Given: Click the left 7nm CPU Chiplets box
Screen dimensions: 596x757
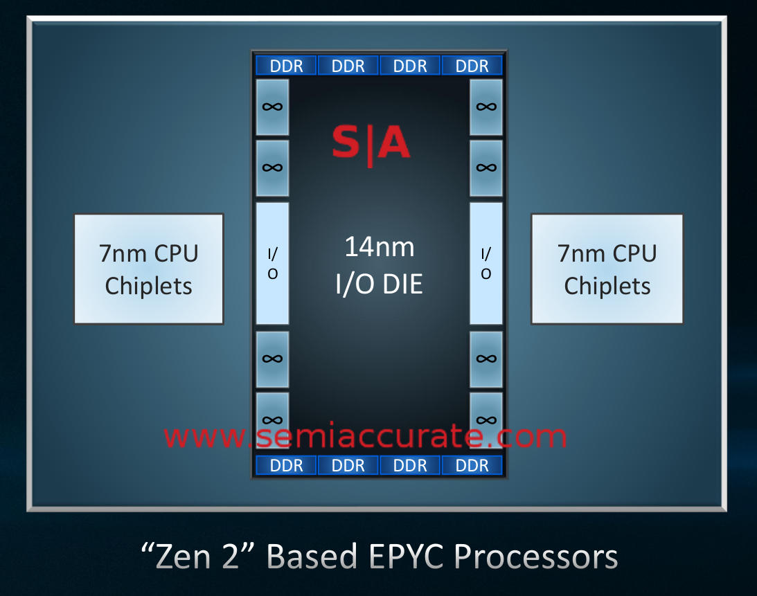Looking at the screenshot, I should point(148,269).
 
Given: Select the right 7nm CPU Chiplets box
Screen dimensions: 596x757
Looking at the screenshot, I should point(607,269).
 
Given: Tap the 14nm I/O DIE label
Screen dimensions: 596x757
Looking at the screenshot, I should point(379,265).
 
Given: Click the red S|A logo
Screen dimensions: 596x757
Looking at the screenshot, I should point(371,144).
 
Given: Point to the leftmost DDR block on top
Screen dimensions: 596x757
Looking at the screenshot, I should point(286,66).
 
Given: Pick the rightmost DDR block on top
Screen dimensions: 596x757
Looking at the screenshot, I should point(472,66).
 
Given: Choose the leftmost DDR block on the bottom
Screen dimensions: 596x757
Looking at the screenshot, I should point(286,465).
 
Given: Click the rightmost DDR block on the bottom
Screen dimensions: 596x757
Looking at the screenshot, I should point(472,465).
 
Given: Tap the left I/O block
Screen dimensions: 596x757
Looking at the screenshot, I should point(273,264).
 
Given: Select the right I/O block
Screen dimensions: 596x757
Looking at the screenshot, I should point(486,264).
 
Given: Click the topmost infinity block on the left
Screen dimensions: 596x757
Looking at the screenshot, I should point(273,107).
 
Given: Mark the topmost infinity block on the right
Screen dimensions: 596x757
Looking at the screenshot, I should point(486,107).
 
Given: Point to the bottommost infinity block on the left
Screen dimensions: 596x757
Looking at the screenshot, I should point(273,418).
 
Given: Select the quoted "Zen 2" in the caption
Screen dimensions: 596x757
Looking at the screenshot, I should point(197,557).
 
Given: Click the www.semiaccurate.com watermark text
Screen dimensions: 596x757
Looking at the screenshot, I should point(365,437).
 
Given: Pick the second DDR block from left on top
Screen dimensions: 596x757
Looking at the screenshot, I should point(348,66).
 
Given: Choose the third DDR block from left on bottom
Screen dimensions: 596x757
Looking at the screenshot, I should point(410,465).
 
